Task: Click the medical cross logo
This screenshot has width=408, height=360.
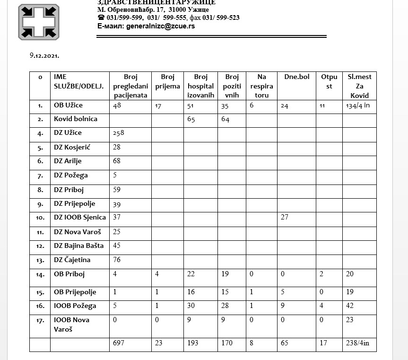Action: [x=39, y=22]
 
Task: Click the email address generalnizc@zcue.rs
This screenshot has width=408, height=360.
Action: [x=160, y=26]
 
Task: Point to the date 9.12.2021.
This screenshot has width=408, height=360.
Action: [x=44, y=55]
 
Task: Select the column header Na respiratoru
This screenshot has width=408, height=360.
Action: [x=261, y=86]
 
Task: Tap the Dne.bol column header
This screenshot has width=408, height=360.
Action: [x=296, y=77]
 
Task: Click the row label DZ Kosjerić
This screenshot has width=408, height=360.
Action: [x=72, y=147]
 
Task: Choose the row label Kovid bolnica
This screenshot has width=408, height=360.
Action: [x=76, y=119]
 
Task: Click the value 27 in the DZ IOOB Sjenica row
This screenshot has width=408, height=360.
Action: [x=284, y=218]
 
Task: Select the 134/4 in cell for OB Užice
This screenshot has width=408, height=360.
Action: [x=357, y=105]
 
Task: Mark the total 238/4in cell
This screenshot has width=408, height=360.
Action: [x=358, y=342]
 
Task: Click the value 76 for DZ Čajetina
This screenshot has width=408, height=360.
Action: [x=117, y=260]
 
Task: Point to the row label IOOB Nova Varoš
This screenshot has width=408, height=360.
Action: [x=72, y=324]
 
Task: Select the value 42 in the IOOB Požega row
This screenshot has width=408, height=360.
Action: [x=351, y=306]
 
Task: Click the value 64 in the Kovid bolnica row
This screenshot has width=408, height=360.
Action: [x=225, y=119]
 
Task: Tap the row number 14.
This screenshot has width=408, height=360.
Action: [x=41, y=274]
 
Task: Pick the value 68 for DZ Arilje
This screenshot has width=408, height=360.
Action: [x=117, y=161]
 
